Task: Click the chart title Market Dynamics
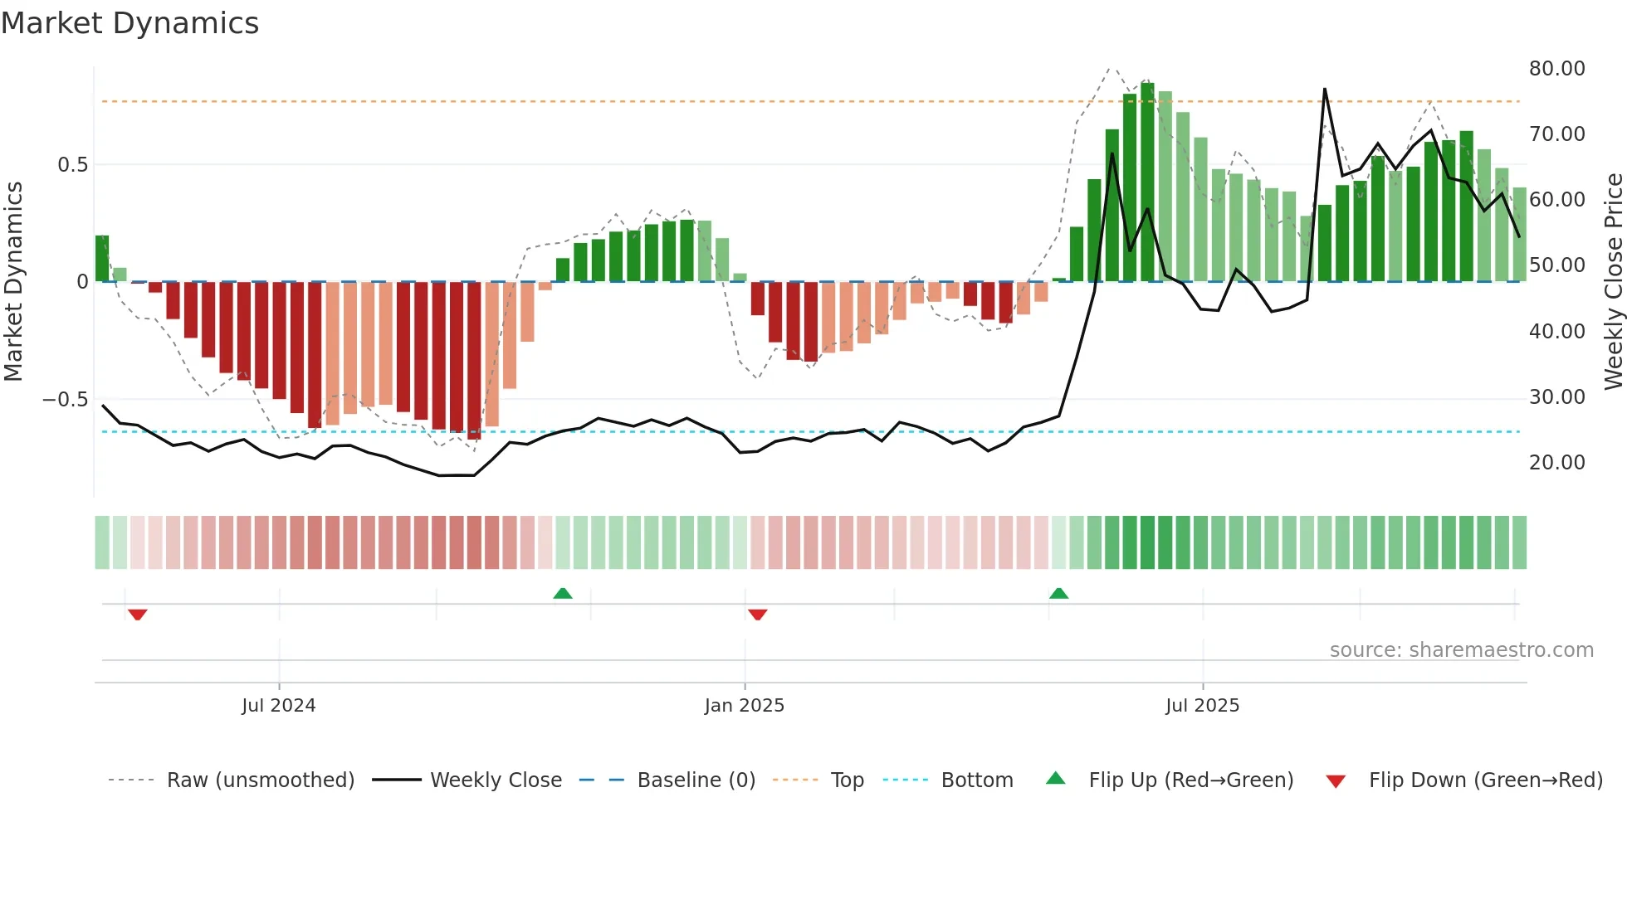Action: click(130, 23)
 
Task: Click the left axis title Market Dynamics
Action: click(13, 281)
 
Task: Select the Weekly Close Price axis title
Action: click(1613, 281)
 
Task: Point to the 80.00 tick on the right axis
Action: click(1556, 69)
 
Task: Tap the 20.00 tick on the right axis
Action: click(1556, 463)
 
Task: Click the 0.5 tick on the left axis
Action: click(72, 165)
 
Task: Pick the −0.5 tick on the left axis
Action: click(66, 400)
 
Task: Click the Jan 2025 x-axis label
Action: click(744, 706)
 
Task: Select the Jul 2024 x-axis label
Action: click(279, 706)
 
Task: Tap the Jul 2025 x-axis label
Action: click(1202, 706)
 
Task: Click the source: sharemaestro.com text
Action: click(1461, 650)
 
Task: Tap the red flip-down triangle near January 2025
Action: click(757, 615)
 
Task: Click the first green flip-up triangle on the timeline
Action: click(563, 593)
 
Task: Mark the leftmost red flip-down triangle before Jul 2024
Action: click(138, 615)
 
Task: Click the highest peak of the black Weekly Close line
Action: click(1324, 89)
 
